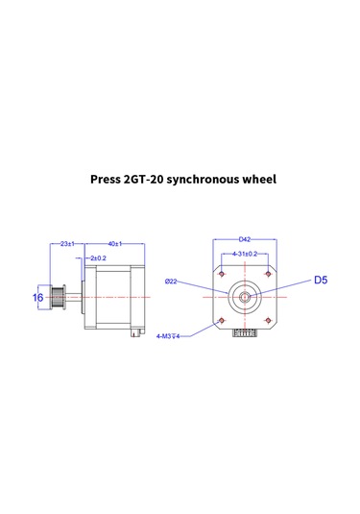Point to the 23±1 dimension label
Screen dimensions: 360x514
(67, 244)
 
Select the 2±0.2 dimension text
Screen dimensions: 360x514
(97, 258)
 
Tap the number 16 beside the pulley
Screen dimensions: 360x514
(38, 298)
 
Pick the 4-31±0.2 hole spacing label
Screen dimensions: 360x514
(245, 255)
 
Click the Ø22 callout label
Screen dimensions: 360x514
(171, 281)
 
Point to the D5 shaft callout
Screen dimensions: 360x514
(322, 281)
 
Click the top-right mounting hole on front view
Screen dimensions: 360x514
(268, 274)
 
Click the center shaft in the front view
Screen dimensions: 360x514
(246, 296)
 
